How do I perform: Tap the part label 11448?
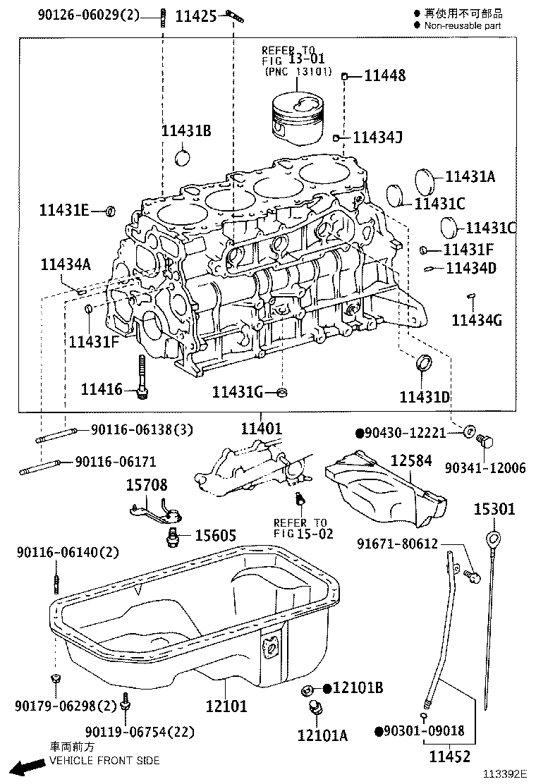pyautogui.click(x=384, y=75)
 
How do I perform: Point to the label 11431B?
pyautogui.click(x=186, y=131)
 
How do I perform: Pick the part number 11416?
pyautogui.click(x=102, y=388)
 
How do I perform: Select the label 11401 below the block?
pyautogui.click(x=261, y=427)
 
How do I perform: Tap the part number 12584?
pyautogui.click(x=411, y=460)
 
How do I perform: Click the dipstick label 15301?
pyautogui.click(x=494, y=508)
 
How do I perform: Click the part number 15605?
pyautogui.click(x=215, y=535)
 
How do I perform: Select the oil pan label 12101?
pyautogui.click(x=226, y=706)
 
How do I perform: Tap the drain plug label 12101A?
pyautogui.click(x=322, y=735)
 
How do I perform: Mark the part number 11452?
pyautogui.click(x=450, y=757)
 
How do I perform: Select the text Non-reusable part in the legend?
pyautogui.click(x=462, y=25)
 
